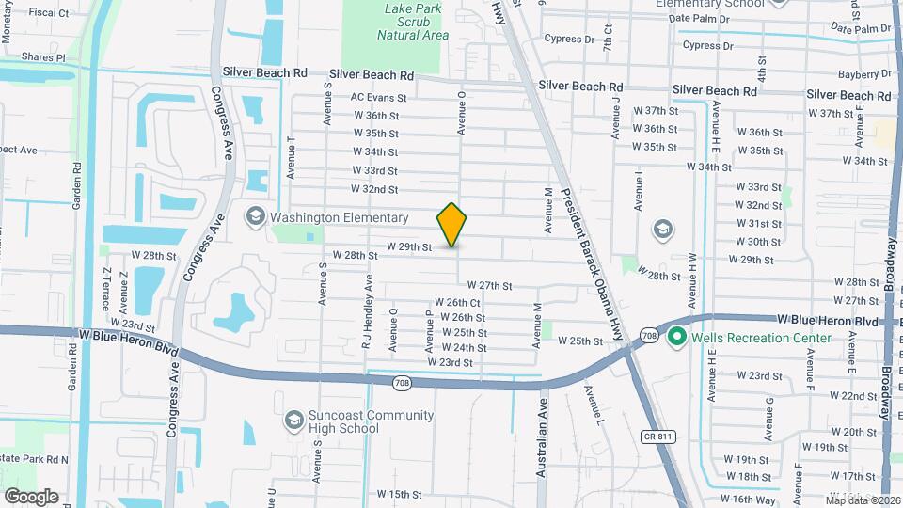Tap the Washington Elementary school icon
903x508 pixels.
tap(255, 217)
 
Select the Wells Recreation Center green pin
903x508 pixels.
tap(675, 338)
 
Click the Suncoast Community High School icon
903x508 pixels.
tap(293, 419)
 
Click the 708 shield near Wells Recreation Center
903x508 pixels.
tap(649, 335)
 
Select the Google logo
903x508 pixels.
tap(31, 496)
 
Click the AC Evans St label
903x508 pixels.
tap(378, 97)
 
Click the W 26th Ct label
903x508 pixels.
tap(458, 302)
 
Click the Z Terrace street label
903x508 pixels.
tap(107, 291)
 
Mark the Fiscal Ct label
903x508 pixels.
tap(49, 13)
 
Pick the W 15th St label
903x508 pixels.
tap(399, 494)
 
